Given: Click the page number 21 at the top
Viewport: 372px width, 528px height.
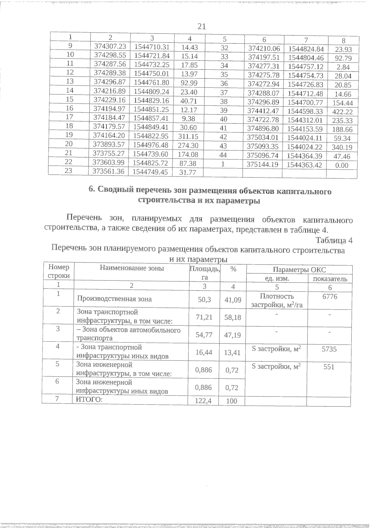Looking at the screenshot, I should (201, 27).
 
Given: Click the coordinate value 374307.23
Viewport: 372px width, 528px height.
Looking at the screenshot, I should (110, 46).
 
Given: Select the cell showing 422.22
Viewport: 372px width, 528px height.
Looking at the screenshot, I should (342, 112).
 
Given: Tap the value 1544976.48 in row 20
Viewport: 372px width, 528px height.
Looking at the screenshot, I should (150, 145).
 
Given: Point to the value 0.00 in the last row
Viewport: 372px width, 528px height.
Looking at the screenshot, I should (342, 165).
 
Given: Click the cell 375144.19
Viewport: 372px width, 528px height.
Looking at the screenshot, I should (262, 164).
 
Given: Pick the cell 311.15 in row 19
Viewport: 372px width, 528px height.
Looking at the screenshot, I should (188, 136).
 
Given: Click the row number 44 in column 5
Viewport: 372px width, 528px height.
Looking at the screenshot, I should (223, 155).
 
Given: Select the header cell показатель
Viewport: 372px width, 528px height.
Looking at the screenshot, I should (330, 279).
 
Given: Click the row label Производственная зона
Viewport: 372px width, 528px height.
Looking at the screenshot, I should (114, 299).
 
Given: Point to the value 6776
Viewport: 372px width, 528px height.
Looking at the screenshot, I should (330, 297).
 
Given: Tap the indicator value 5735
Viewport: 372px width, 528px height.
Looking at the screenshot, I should (329, 349).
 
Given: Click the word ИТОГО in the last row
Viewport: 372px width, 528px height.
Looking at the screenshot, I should (89, 400).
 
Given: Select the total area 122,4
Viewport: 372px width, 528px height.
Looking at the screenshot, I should (203, 401).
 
